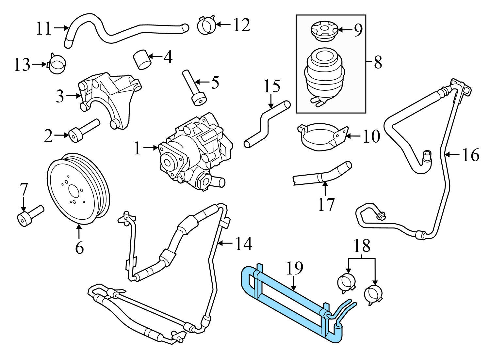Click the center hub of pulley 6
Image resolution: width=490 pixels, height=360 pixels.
point(73,190)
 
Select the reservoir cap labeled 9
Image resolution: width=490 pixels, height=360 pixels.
point(322,30)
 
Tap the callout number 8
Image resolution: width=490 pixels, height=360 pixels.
point(378,62)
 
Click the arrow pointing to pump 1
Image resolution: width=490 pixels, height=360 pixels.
point(151,148)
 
